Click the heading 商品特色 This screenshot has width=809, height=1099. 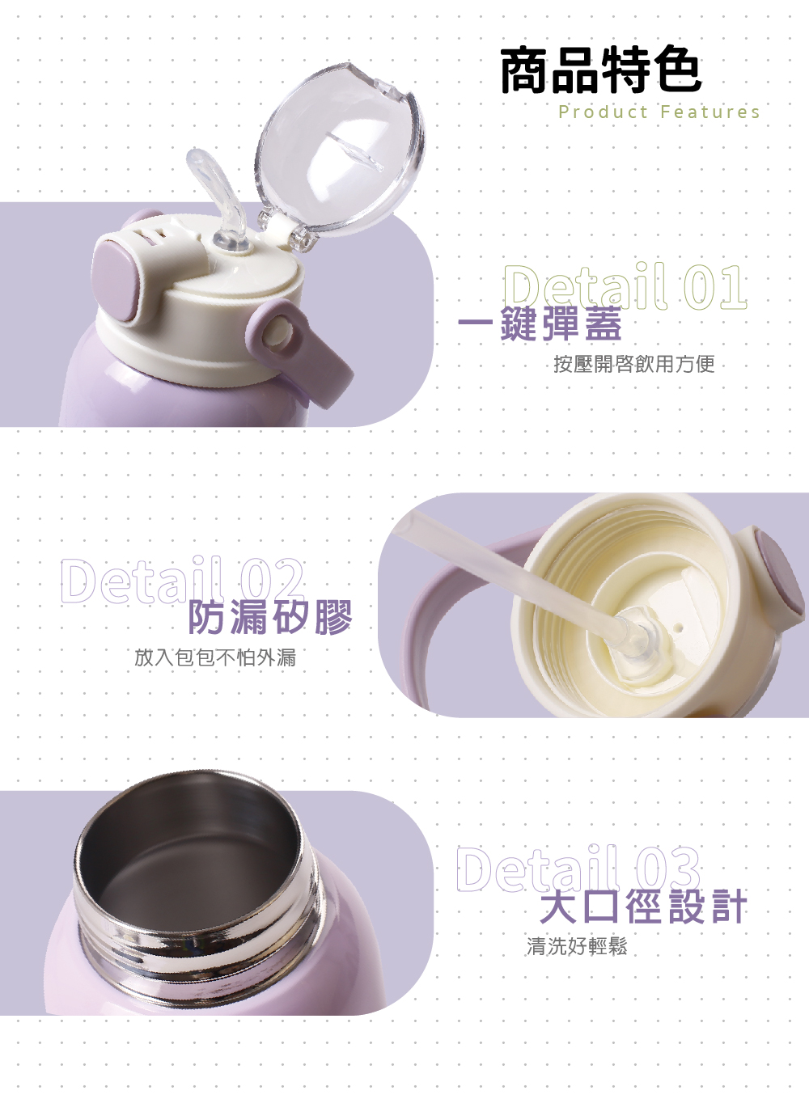point(601,70)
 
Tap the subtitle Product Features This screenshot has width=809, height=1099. point(659,112)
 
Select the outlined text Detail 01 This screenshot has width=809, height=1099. point(625,287)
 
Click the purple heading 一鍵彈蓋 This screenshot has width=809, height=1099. point(540,323)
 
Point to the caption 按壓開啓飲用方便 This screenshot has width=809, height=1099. point(633,364)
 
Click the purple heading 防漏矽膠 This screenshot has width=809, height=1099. point(270,617)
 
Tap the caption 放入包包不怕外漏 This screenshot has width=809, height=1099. point(215,657)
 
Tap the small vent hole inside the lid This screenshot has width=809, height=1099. point(679,627)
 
